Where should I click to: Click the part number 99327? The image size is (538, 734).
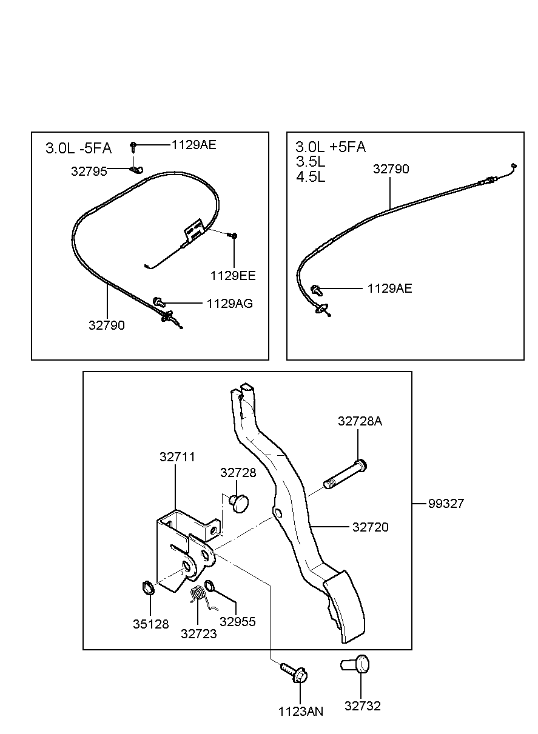[x=446, y=504]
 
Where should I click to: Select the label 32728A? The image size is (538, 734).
[x=360, y=421]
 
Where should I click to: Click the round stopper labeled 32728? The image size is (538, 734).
[x=239, y=503]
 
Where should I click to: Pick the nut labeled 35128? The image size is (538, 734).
[x=148, y=588]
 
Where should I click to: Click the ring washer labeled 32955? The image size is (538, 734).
[x=209, y=586]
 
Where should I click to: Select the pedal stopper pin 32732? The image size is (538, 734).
[x=355, y=664]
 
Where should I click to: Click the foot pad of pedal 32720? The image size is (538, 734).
[x=345, y=607]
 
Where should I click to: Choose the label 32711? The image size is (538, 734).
[x=177, y=457]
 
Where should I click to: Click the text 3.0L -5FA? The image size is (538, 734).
[x=78, y=148]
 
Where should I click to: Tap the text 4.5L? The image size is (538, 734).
[x=311, y=177]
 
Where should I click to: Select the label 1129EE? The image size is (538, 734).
[x=233, y=276]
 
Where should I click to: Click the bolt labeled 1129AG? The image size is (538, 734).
[x=159, y=301]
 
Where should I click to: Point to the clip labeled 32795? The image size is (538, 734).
[x=136, y=170]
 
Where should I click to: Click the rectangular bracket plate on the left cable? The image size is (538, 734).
[x=194, y=231]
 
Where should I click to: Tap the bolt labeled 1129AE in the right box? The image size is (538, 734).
[x=317, y=290]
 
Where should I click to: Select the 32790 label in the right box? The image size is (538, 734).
[x=391, y=169]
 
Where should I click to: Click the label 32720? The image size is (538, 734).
[x=370, y=527]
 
